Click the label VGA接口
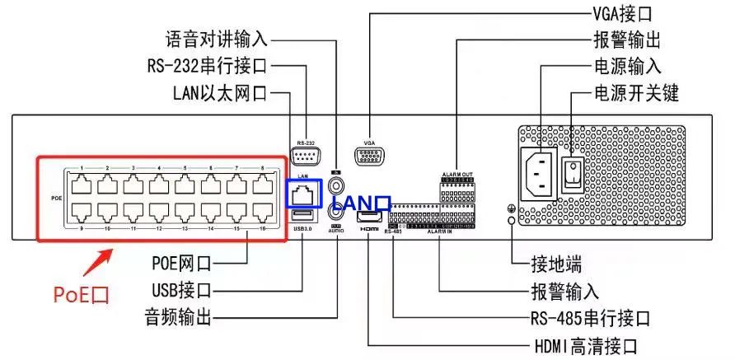[622, 14]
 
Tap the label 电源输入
[626, 66]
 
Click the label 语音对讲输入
[217, 39]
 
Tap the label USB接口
[182, 290]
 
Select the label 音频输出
[178, 316]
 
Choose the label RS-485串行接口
[590, 318]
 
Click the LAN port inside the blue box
[302, 194]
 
